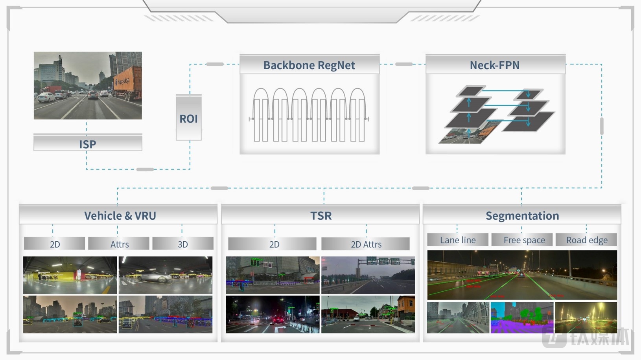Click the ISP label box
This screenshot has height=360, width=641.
tap(88, 144)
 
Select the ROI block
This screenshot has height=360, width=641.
tap(189, 118)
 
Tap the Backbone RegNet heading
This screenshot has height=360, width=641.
tap(309, 65)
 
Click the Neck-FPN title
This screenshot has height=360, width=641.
tap(495, 65)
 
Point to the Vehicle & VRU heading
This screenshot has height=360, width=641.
tap(120, 216)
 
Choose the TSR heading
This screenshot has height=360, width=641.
tap(321, 216)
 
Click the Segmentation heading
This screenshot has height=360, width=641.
tap(522, 216)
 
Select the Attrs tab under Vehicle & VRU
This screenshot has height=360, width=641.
tap(119, 244)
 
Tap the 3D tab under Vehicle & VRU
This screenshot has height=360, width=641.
tap(183, 244)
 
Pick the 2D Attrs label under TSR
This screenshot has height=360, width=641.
tap(366, 244)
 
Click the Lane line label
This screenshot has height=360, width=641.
tap(458, 240)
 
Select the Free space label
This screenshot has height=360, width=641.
tap(524, 240)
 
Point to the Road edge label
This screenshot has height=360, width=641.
tap(586, 240)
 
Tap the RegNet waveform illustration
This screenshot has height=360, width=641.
tap(309, 115)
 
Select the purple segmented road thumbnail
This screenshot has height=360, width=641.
tap(522, 318)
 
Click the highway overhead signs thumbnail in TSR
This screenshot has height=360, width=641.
tap(368, 275)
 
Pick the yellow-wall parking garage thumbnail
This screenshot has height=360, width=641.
tap(70, 275)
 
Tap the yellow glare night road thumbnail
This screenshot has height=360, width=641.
tap(586, 318)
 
